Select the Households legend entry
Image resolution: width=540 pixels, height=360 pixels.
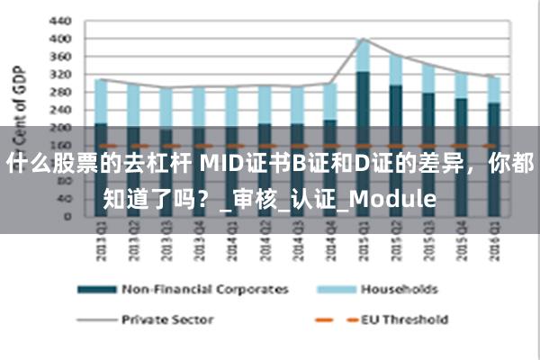click(399, 290)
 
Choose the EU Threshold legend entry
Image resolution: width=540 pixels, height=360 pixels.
click(404, 319)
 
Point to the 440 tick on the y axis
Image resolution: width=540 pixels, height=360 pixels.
click(58, 20)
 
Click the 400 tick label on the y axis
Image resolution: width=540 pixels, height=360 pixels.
click(58, 39)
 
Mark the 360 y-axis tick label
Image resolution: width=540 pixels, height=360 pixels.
click(58, 56)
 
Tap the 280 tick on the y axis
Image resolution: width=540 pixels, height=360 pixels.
click(58, 92)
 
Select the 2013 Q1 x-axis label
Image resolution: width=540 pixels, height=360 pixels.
click(101, 246)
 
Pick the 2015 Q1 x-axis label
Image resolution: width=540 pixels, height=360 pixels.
click(363, 246)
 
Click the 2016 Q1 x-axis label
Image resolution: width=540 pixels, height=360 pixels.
click(493, 246)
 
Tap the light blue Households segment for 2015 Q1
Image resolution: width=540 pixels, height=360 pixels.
click(363, 56)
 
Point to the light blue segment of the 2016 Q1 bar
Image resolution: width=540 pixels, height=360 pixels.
click(493, 90)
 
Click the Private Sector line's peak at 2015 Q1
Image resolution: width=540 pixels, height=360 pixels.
click(363, 39)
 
